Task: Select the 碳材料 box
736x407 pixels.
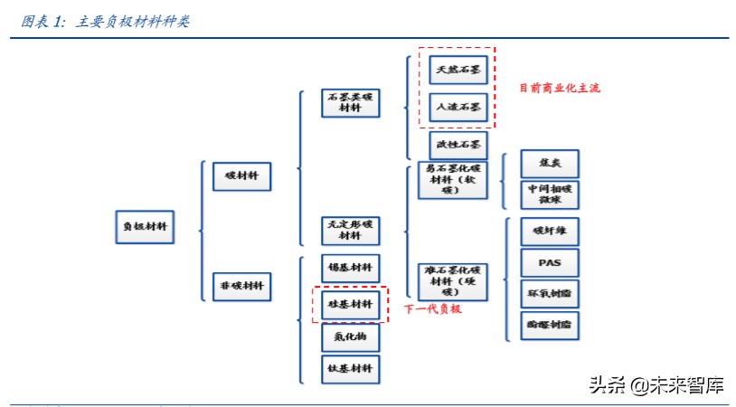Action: pos(241,175)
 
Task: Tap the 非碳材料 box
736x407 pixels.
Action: pos(241,286)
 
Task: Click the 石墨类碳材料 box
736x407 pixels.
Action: pos(350,102)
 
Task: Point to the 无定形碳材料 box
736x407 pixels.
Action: pos(350,229)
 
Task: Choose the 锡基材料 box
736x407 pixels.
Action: pos(350,268)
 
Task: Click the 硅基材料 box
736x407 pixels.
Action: pos(350,305)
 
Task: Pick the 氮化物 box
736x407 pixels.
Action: pos(350,336)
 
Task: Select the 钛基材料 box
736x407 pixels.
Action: pos(350,368)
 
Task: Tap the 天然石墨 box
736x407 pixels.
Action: pos(458,70)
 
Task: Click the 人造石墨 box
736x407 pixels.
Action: pos(458,107)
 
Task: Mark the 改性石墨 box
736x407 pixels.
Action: pos(458,144)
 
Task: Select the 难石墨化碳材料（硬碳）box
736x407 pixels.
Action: pos(452,280)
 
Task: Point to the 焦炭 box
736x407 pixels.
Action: pos(550,164)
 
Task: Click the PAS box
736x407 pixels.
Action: pos(550,262)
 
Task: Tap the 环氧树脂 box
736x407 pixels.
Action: pos(550,294)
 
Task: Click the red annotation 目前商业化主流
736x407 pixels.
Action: pos(559,88)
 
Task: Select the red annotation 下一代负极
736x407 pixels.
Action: pos(432,309)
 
